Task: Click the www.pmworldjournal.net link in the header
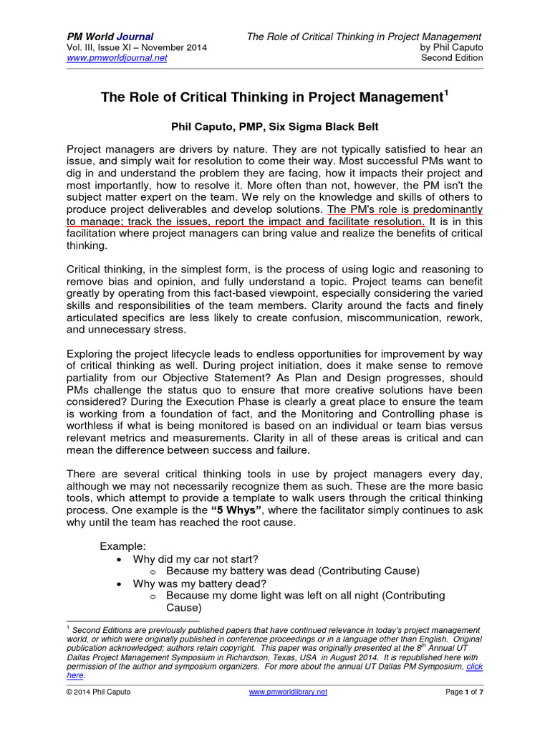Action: coord(117,58)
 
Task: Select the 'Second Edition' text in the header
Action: coord(452,58)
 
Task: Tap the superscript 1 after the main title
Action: coord(445,92)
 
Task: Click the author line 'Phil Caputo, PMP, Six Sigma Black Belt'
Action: coord(274,127)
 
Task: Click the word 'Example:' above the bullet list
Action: coord(123,546)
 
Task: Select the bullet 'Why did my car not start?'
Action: coord(196,558)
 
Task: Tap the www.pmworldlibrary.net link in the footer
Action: coord(288,692)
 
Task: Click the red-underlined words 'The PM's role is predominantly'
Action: coord(405,209)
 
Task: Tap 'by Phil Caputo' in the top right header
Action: coord(451,47)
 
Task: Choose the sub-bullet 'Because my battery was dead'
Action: coord(292,571)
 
